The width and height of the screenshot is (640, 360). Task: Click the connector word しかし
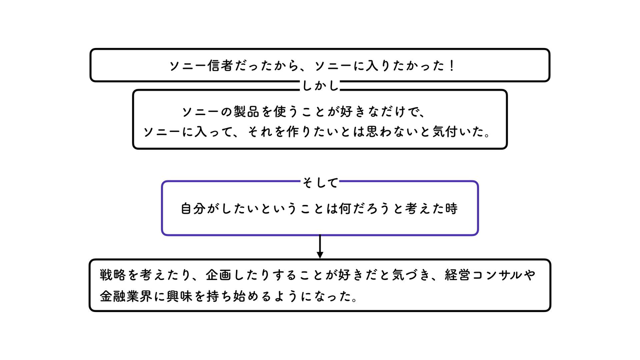click(x=320, y=85)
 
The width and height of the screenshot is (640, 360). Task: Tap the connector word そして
click(x=320, y=182)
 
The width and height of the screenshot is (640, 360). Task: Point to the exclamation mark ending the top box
click(x=452, y=66)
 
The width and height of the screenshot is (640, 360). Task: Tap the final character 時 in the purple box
click(x=451, y=208)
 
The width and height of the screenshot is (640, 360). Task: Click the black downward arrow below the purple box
click(x=320, y=247)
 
